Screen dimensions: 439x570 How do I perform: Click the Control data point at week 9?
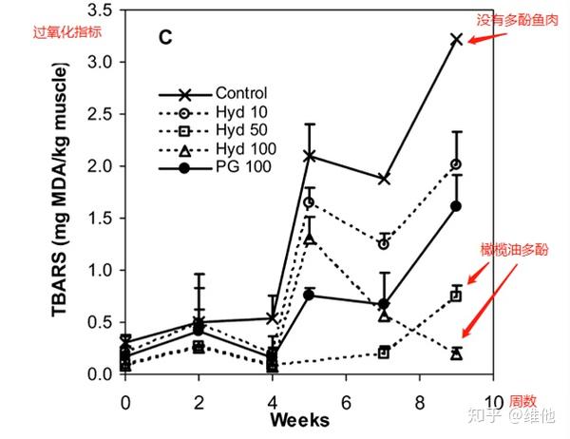pos(457,39)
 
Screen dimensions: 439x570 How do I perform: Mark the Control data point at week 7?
pos(383,179)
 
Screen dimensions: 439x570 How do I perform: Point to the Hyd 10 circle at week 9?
pos(457,164)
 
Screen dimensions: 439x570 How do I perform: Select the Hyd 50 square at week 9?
pos(457,296)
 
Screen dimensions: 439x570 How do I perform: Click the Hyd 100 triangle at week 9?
pos(457,353)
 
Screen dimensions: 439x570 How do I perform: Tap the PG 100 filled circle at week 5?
pos(309,295)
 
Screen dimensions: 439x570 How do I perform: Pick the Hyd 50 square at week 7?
pos(383,353)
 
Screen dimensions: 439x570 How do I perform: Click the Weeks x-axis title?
pos(299,420)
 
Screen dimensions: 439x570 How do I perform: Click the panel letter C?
pos(163,39)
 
